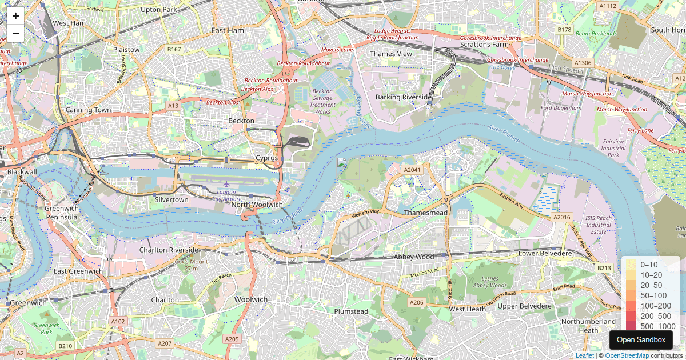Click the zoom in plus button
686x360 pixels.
coord(15,16)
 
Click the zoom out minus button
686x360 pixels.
coord(15,33)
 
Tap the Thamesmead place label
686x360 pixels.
coord(425,213)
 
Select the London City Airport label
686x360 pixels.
coord(227,195)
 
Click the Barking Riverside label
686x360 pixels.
coord(404,98)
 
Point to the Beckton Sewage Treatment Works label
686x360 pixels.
coord(322,101)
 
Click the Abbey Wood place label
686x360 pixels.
coord(413,257)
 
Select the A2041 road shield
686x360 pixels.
coord(412,170)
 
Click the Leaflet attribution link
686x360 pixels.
coord(584,355)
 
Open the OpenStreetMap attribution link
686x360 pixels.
coord(627,355)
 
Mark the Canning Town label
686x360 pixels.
coord(88,110)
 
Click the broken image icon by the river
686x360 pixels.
coord(341,162)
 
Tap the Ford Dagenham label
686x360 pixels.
coord(561,108)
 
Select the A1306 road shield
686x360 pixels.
coord(583,62)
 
